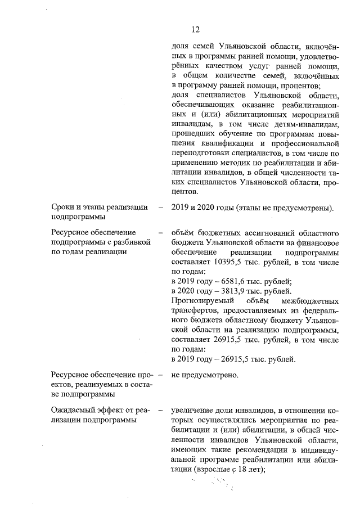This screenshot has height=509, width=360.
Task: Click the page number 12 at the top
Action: click(196, 29)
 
